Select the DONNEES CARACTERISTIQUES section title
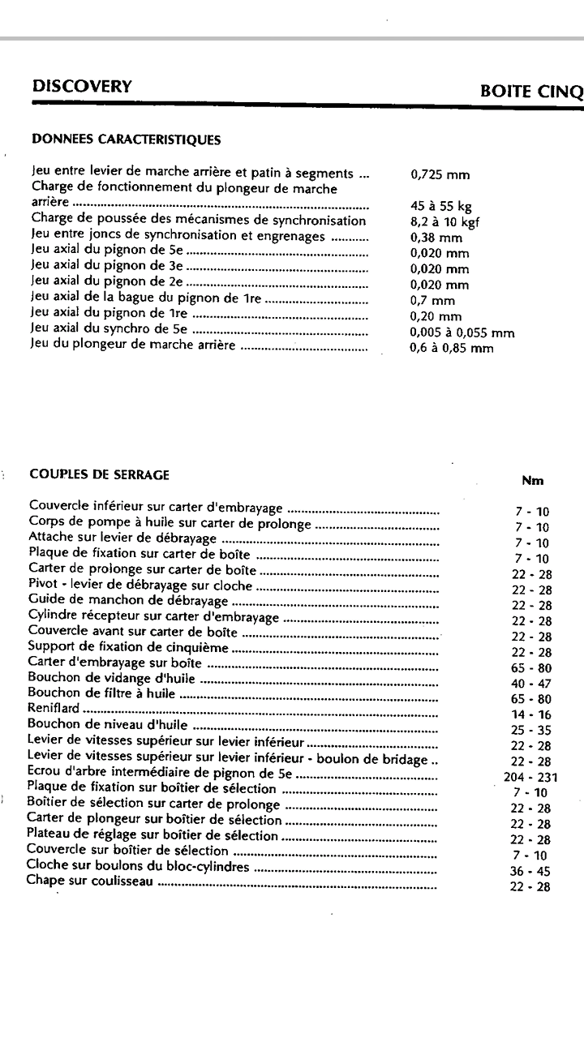click(126, 139)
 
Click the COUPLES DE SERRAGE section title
click(99, 474)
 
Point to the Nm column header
click(532, 481)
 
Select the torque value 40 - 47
click(531, 684)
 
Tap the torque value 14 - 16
click(531, 714)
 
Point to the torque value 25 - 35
click(531, 730)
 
